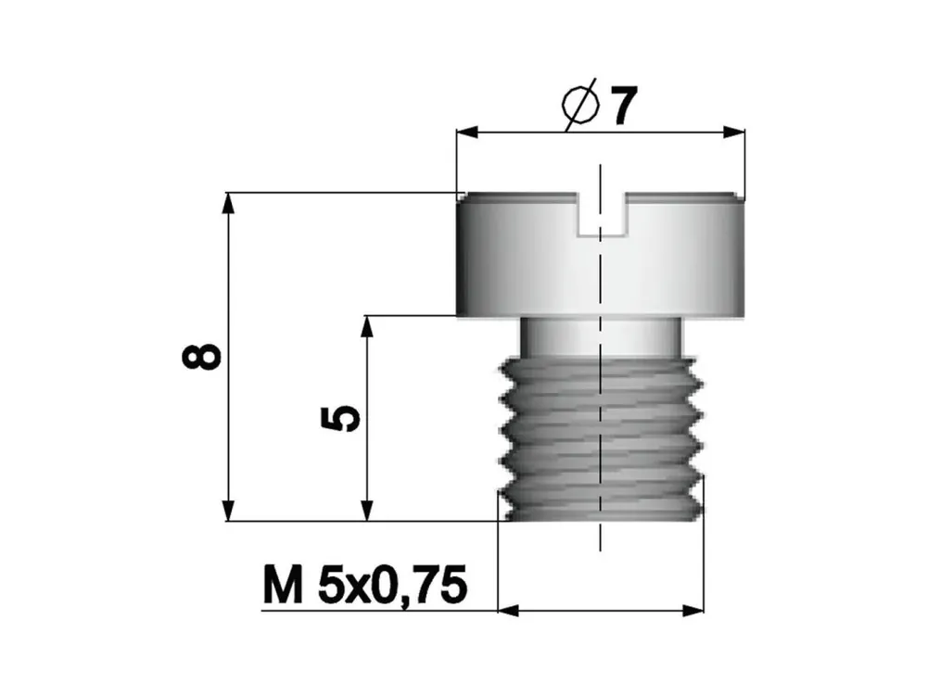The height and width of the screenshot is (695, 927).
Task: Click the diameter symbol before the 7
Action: [580, 106]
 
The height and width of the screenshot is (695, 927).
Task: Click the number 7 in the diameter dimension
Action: [623, 106]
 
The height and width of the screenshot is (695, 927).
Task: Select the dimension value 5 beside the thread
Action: [340, 419]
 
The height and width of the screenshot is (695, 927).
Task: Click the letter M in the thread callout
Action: [283, 585]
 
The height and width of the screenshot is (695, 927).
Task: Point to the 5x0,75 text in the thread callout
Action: [392, 587]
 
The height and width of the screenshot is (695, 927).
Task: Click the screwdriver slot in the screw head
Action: [601, 215]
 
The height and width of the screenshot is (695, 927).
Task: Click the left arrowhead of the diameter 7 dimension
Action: [467, 133]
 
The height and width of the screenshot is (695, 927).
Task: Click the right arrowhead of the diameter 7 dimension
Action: [733, 133]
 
